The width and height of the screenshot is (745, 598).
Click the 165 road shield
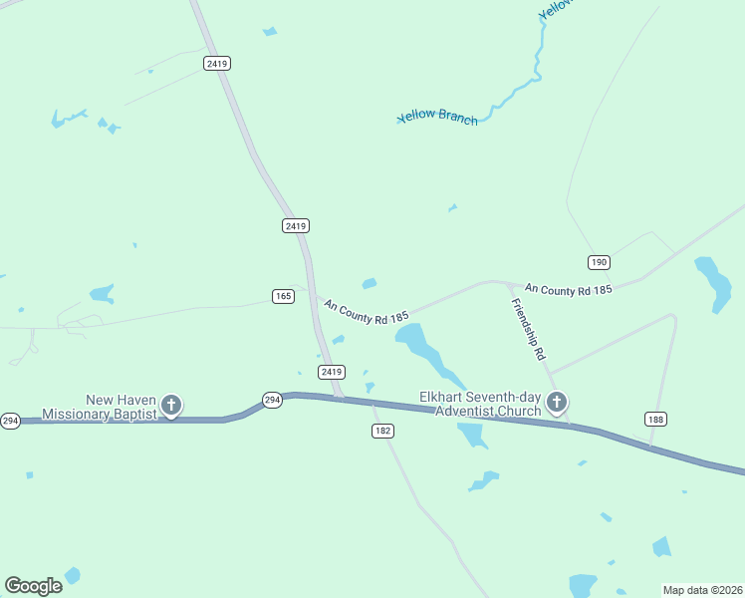pyautogui.click(x=282, y=296)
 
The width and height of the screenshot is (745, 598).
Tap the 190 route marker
pyautogui.click(x=598, y=262)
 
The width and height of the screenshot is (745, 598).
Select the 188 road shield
pyautogui.click(x=654, y=419)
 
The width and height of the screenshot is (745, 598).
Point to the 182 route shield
pyautogui.click(x=383, y=431)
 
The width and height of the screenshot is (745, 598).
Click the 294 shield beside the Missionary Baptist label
pyautogui.click(x=10, y=421)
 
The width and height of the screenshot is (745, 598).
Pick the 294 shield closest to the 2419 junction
pyautogui.click(x=272, y=400)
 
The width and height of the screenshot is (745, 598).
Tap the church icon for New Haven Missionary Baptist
pyautogui.click(x=171, y=405)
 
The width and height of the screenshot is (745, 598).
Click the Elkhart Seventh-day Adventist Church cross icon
pyautogui.click(x=556, y=402)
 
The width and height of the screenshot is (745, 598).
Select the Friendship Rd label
pyautogui.click(x=528, y=329)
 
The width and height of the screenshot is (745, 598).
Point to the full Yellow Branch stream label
pyautogui.click(x=438, y=118)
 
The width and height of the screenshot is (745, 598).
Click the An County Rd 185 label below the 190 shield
pyautogui.click(x=568, y=289)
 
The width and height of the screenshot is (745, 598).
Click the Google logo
pyautogui.click(x=33, y=585)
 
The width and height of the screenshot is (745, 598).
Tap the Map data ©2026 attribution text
pyautogui.click(x=702, y=590)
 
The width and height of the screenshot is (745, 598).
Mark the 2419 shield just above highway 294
pyautogui.click(x=332, y=372)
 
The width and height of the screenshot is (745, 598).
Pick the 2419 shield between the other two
pyautogui.click(x=295, y=226)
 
